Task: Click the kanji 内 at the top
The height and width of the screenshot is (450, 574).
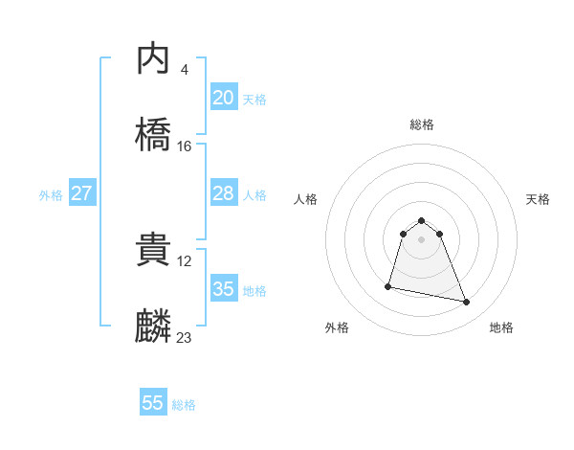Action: (x=153, y=59)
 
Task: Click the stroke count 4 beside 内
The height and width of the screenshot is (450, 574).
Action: (x=184, y=69)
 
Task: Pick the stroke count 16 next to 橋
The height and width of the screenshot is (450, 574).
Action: (x=185, y=146)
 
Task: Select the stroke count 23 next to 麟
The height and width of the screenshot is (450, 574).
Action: (x=185, y=337)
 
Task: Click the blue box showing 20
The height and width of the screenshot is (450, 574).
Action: (x=223, y=97)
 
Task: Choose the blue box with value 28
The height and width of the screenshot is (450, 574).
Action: (x=223, y=193)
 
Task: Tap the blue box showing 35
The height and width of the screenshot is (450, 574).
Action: (x=223, y=288)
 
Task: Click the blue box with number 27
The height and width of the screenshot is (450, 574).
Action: (x=81, y=193)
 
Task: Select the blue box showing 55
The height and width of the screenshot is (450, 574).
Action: (x=153, y=403)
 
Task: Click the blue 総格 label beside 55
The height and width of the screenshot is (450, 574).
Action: (x=184, y=405)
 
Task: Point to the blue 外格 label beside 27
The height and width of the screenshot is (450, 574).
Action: (x=51, y=195)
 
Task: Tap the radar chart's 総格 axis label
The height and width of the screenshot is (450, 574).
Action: (x=422, y=124)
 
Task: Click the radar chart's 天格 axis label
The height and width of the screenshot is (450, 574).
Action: (x=538, y=199)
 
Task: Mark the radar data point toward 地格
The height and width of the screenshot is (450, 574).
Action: (x=467, y=303)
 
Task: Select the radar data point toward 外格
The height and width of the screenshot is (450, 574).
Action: (x=388, y=285)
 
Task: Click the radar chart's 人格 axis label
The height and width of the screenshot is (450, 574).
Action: (x=306, y=199)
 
